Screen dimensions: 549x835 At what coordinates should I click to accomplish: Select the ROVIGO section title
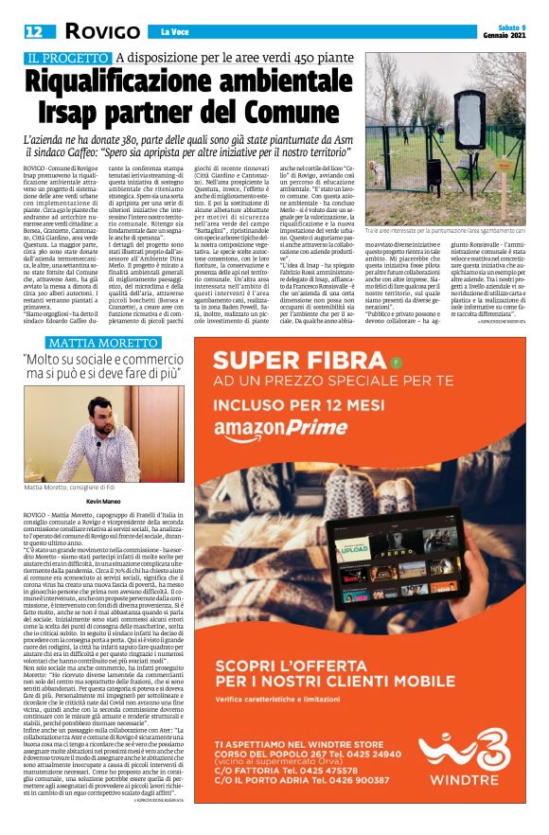pyautogui.click(x=93, y=32)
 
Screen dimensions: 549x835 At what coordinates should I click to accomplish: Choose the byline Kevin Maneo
pyautogui.click(x=105, y=499)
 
